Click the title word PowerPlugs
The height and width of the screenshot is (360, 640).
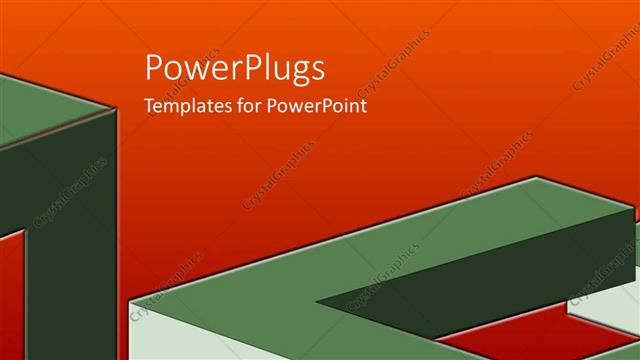click(235, 69)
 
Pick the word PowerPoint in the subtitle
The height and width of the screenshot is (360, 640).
click(315, 105)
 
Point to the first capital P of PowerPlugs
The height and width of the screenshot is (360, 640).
click(156, 67)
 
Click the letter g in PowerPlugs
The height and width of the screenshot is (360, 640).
click(296, 73)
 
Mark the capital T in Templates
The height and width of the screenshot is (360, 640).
click(150, 105)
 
